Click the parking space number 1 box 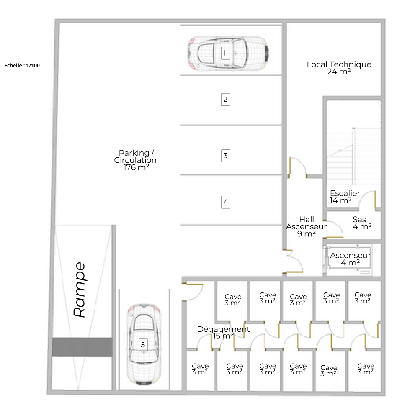click(225, 53)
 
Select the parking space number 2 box click(225, 100)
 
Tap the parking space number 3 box click(225, 156)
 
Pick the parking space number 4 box click(225, 202)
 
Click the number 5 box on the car click(143, 345)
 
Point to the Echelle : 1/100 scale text click(22, 65)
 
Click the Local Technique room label click(339, 68)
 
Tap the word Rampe click(80, 290)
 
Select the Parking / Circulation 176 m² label click(135, 160)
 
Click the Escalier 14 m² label click(345, 197)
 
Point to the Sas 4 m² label click(362, 223)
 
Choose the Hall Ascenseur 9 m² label click(306, 227)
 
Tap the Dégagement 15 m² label click(223, 333)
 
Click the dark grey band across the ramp click(82, 347)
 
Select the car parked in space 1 click(228, 54)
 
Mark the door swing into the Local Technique click(298, 167)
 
